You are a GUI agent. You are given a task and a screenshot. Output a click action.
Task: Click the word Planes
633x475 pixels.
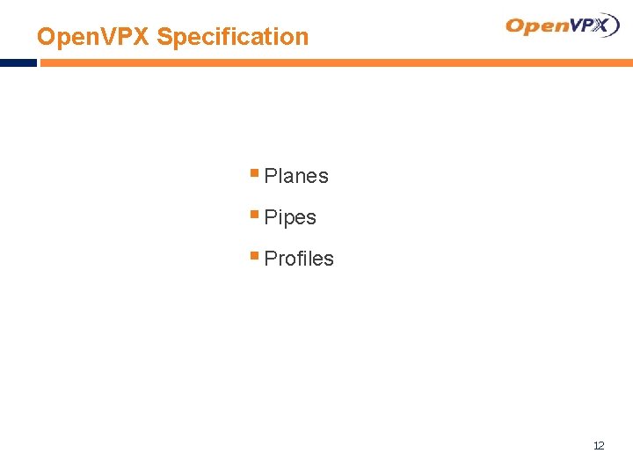click(296, 176)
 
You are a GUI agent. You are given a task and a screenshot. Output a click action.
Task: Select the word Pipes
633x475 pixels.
click(290, 217)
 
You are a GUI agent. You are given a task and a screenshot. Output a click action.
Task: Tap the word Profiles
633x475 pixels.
click(299, 259)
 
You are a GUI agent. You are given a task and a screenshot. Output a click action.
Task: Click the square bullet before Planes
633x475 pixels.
click(254, 173)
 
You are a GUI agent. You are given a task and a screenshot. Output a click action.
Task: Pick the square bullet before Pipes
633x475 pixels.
click(254, 215)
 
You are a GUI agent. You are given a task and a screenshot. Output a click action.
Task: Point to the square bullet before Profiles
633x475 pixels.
click(254, 256)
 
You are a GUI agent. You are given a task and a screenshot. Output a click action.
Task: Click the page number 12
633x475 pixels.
click(599, 446)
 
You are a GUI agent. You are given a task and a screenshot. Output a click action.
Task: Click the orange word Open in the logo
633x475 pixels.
click(536, 26)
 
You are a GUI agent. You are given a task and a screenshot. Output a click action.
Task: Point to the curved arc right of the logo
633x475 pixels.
click(616, 25)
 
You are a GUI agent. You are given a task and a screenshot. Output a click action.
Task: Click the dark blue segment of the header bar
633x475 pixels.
click(18, 63)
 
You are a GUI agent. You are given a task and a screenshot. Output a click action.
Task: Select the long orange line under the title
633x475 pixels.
click(334, 63)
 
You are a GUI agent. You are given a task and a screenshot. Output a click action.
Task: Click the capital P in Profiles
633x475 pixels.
click(270, 259)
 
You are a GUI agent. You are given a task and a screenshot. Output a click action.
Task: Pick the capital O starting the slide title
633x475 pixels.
click(46, 37)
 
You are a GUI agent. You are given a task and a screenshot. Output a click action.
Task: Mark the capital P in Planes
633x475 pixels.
click(270, 176)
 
